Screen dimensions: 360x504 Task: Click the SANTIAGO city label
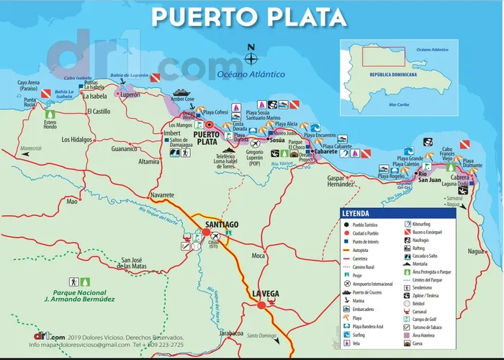coord(221,225)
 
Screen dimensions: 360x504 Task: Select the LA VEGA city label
coord(266,293)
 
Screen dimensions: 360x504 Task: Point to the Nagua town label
coord(476,251)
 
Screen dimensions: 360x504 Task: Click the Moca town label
coord(259,256)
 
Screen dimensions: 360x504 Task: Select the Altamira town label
coord(149,162)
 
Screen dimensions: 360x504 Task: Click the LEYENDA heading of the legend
coord(356,214)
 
